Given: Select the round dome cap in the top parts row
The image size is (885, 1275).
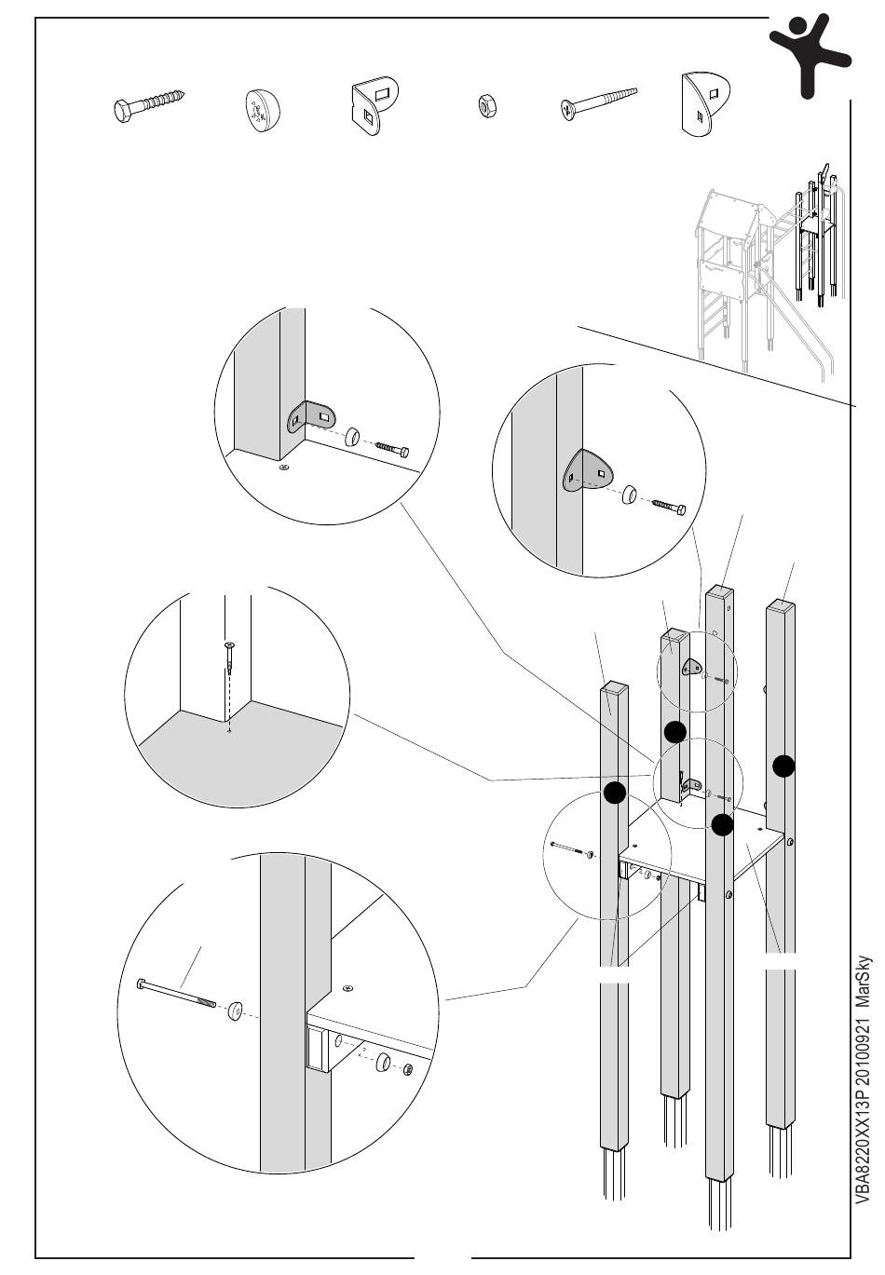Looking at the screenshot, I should coord(262,108).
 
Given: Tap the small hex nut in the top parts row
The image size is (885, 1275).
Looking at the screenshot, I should coord(485,106).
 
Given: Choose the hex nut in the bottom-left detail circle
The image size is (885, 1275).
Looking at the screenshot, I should coord(409,1070).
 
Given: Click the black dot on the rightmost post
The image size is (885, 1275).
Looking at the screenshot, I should coord(783,766).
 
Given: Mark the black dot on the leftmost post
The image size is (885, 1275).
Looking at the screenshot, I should coord(614,793).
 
